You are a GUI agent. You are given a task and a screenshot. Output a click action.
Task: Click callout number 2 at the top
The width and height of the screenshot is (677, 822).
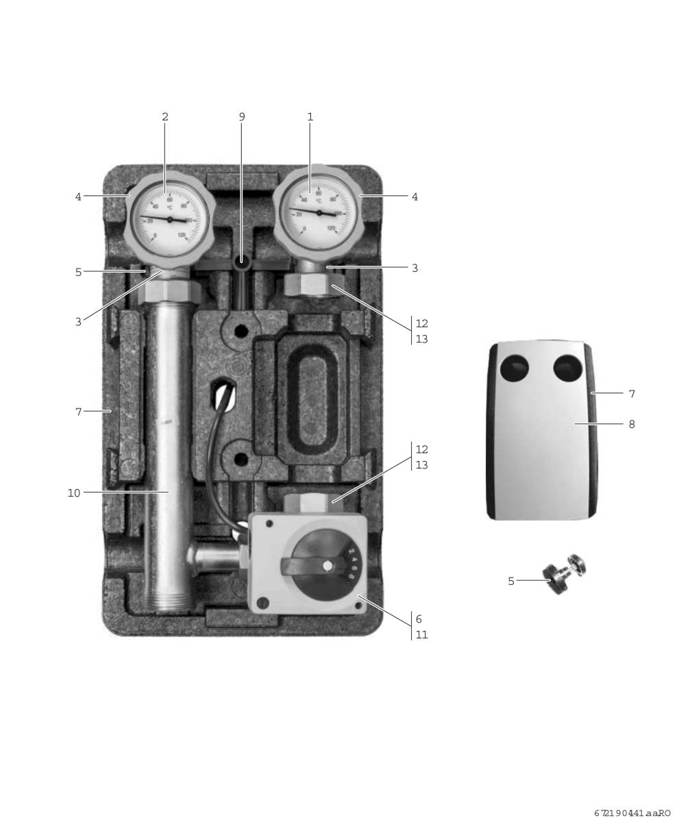164,117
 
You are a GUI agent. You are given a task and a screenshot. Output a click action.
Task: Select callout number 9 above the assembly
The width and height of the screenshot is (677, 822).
241,117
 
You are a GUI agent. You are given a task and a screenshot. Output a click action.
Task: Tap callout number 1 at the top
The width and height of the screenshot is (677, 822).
310,117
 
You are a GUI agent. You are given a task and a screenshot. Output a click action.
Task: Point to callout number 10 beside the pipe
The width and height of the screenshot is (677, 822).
73,493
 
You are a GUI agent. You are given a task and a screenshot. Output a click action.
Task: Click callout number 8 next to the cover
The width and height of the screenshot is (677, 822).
631,424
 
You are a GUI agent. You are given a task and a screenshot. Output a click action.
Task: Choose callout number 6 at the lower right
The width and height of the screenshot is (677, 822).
419,619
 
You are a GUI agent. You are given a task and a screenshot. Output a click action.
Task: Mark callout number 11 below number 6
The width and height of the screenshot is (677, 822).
421,635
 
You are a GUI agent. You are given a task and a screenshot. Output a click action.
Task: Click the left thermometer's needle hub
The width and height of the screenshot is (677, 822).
169,219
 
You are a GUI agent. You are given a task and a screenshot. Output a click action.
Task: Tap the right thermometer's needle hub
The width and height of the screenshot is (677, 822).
319,213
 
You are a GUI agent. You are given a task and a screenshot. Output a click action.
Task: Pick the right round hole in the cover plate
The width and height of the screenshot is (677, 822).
567,369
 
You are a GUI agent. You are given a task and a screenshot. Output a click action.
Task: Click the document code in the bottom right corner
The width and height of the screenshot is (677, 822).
632,813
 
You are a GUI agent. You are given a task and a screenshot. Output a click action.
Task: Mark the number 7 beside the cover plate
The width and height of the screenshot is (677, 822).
631,394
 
